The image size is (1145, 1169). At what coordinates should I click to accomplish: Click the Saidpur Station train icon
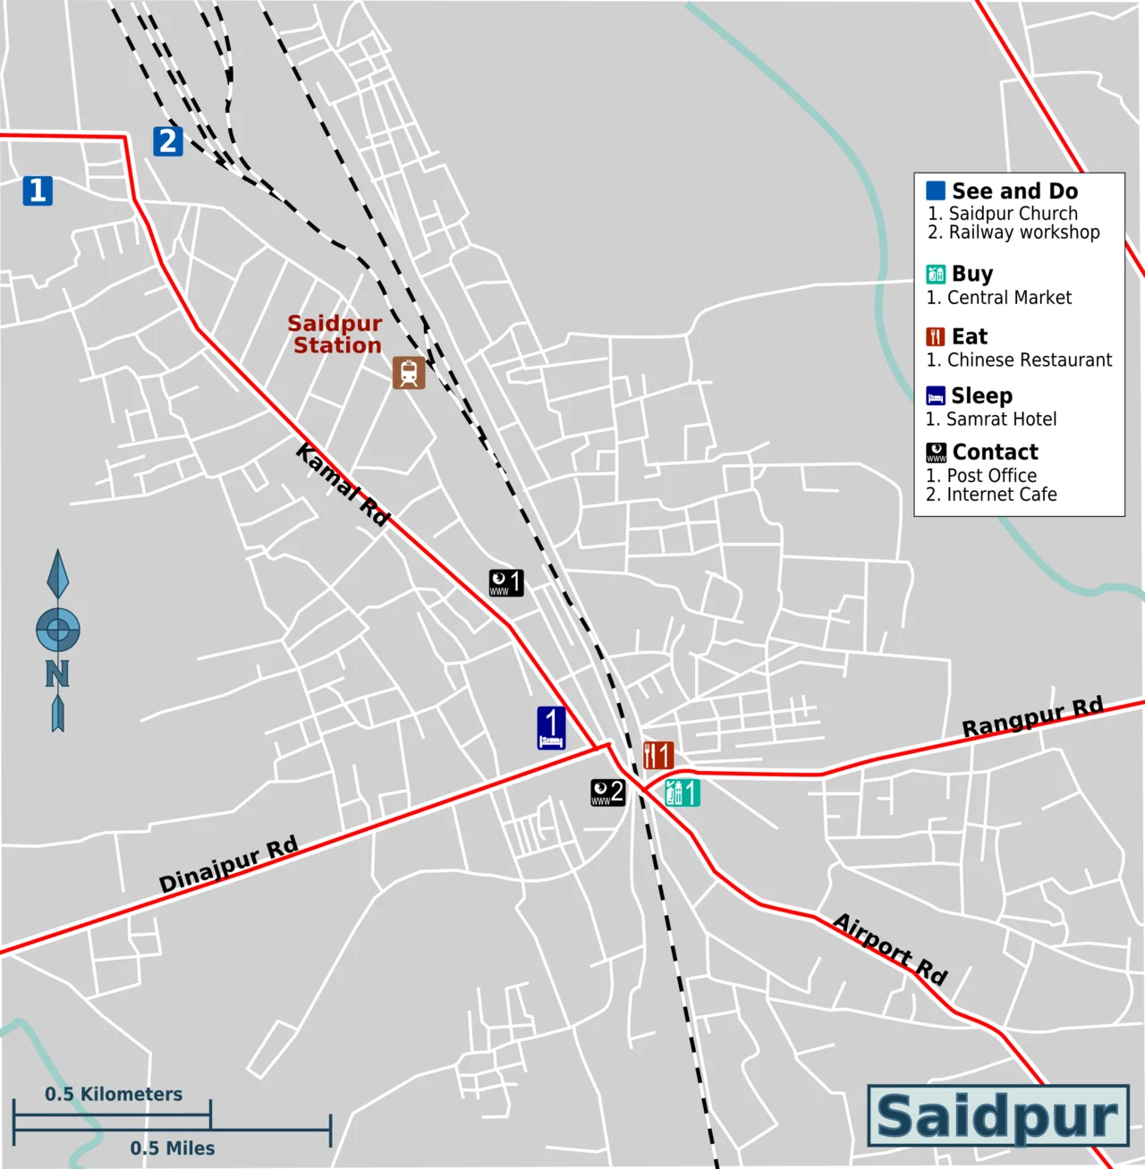pyautogui.click(x=409, y=373)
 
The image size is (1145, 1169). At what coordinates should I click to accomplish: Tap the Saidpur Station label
pyautogui.click(x=335, y=335)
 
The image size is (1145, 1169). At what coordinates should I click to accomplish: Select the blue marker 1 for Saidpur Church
pyautogui.click(x=38, y=191)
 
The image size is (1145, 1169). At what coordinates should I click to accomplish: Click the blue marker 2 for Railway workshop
pyautogui.click(x=167, y=141)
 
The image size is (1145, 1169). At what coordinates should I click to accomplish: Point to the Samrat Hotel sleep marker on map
pyautogui.click(x=551, y=728)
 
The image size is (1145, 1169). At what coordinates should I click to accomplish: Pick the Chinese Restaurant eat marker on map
pyautogui.click(x=658, y=755)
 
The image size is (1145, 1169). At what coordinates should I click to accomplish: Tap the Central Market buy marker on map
pyautogui.click(x=683, y=792)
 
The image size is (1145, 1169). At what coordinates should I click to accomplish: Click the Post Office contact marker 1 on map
pyautogui.click(x=506, y=583)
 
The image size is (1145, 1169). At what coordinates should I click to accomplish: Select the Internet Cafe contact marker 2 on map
pyautogui.click(x=607, y=792)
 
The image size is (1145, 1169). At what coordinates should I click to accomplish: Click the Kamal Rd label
pyautogui.click(x=343, y=484)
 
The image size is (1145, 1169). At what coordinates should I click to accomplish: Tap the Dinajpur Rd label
pyautogui.click(x=228, y=865)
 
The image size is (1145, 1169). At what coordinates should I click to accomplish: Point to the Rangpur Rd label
pyautogui.click(x=1032, y=717)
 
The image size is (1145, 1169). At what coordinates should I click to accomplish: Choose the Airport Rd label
pyautogui.click(x=890, y=948)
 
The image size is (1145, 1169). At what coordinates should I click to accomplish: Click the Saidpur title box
pyautogui.click(x=998, y=1115)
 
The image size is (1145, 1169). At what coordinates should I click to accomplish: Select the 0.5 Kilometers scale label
pyautogui.click(x=114, y=1094)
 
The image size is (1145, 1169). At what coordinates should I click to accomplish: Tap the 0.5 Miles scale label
pyautogui.click(x=172, y=1148)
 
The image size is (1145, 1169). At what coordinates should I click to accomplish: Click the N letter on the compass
pyautogui.click(x=57, y=673)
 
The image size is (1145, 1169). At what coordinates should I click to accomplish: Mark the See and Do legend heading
pyautogui.click(x=1014, y=191)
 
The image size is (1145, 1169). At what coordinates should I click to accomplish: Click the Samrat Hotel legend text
pyautogui.click(x=1001, y=419)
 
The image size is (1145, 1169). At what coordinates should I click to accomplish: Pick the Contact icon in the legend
pyautogui.click(x=936, y=453)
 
